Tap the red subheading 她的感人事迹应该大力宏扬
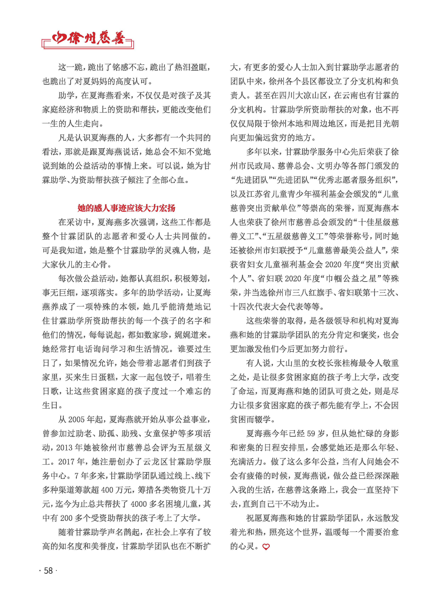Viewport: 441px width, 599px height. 126,208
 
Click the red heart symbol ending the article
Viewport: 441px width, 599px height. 266,547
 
